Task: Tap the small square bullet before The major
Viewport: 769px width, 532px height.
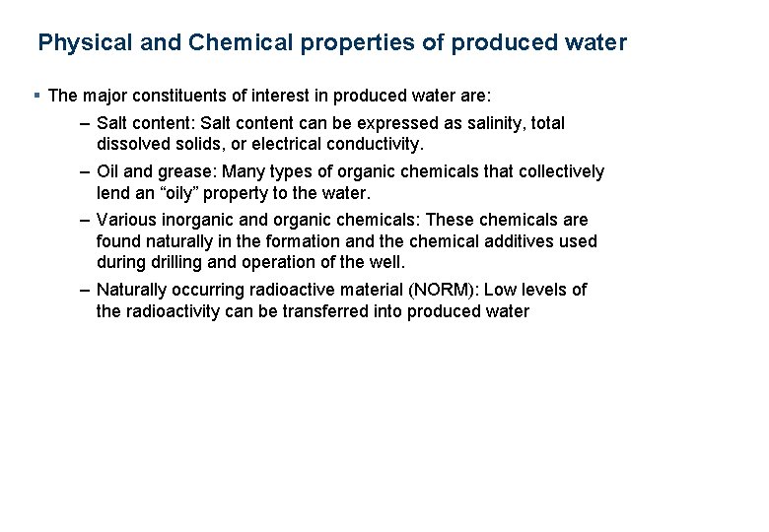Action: [x=36, y=96]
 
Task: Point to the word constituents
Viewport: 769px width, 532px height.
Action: [x=163, y=96]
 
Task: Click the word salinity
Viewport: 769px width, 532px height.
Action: [x=493, y=123]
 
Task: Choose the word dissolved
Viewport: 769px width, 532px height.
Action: [x=136, y=144]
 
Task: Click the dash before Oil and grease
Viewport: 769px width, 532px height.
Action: [x=86, y=171]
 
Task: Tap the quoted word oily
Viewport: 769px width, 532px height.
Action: [x=190, y=192]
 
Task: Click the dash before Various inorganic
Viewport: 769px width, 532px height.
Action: [x=86, y=220]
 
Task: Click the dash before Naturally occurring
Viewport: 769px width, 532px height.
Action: [x=86, y=290]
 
